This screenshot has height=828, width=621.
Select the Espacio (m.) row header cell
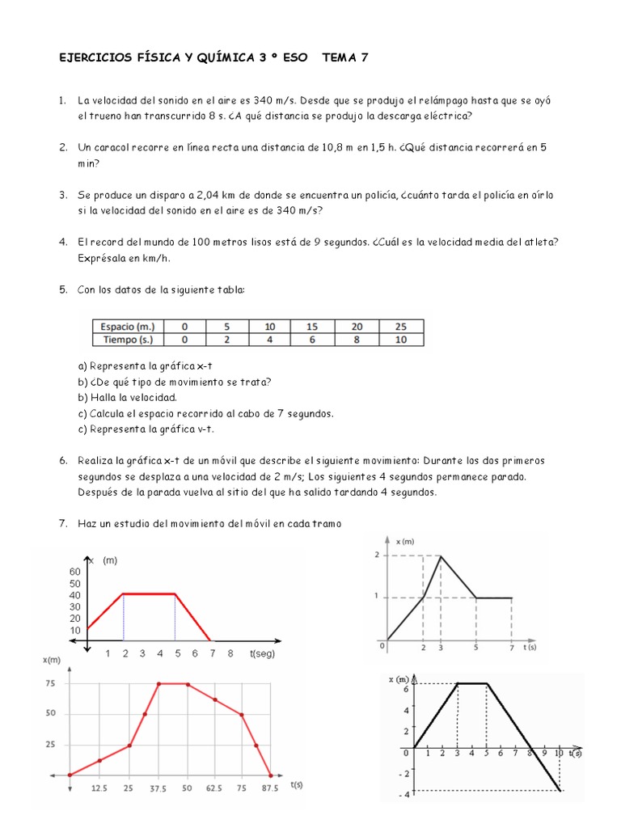tap(127, 326)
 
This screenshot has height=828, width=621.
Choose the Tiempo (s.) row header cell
tap(127, 340)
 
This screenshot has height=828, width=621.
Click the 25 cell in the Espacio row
tap(401, 326)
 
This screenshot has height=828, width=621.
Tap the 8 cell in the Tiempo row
tap(357, 340)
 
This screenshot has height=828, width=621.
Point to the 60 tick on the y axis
tap(75, 572)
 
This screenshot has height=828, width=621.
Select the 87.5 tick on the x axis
tap(271, 788)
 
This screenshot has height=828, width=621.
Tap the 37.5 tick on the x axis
tap(158, 788)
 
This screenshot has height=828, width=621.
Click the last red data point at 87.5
tap(271, 775)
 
